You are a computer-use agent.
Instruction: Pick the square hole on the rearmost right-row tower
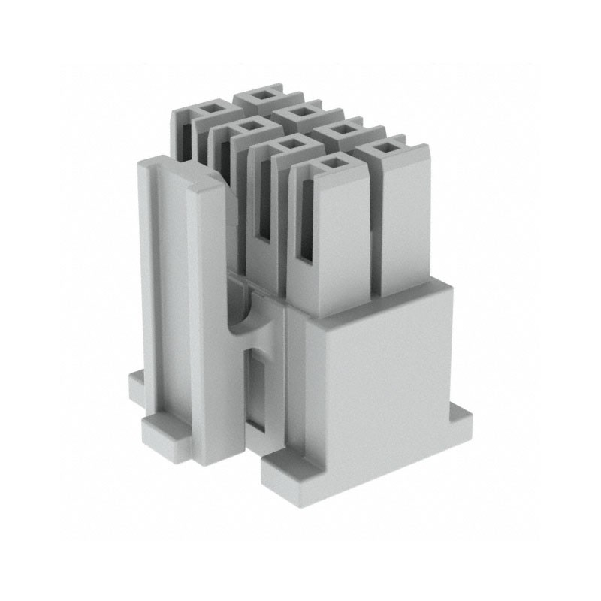pyautogui.click(x=262, y=95)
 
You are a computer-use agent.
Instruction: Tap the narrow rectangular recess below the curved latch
pyautogui.click(x=258, y=391)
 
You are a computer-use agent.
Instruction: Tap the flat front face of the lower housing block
pyautogui.click(x=376, y=376)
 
